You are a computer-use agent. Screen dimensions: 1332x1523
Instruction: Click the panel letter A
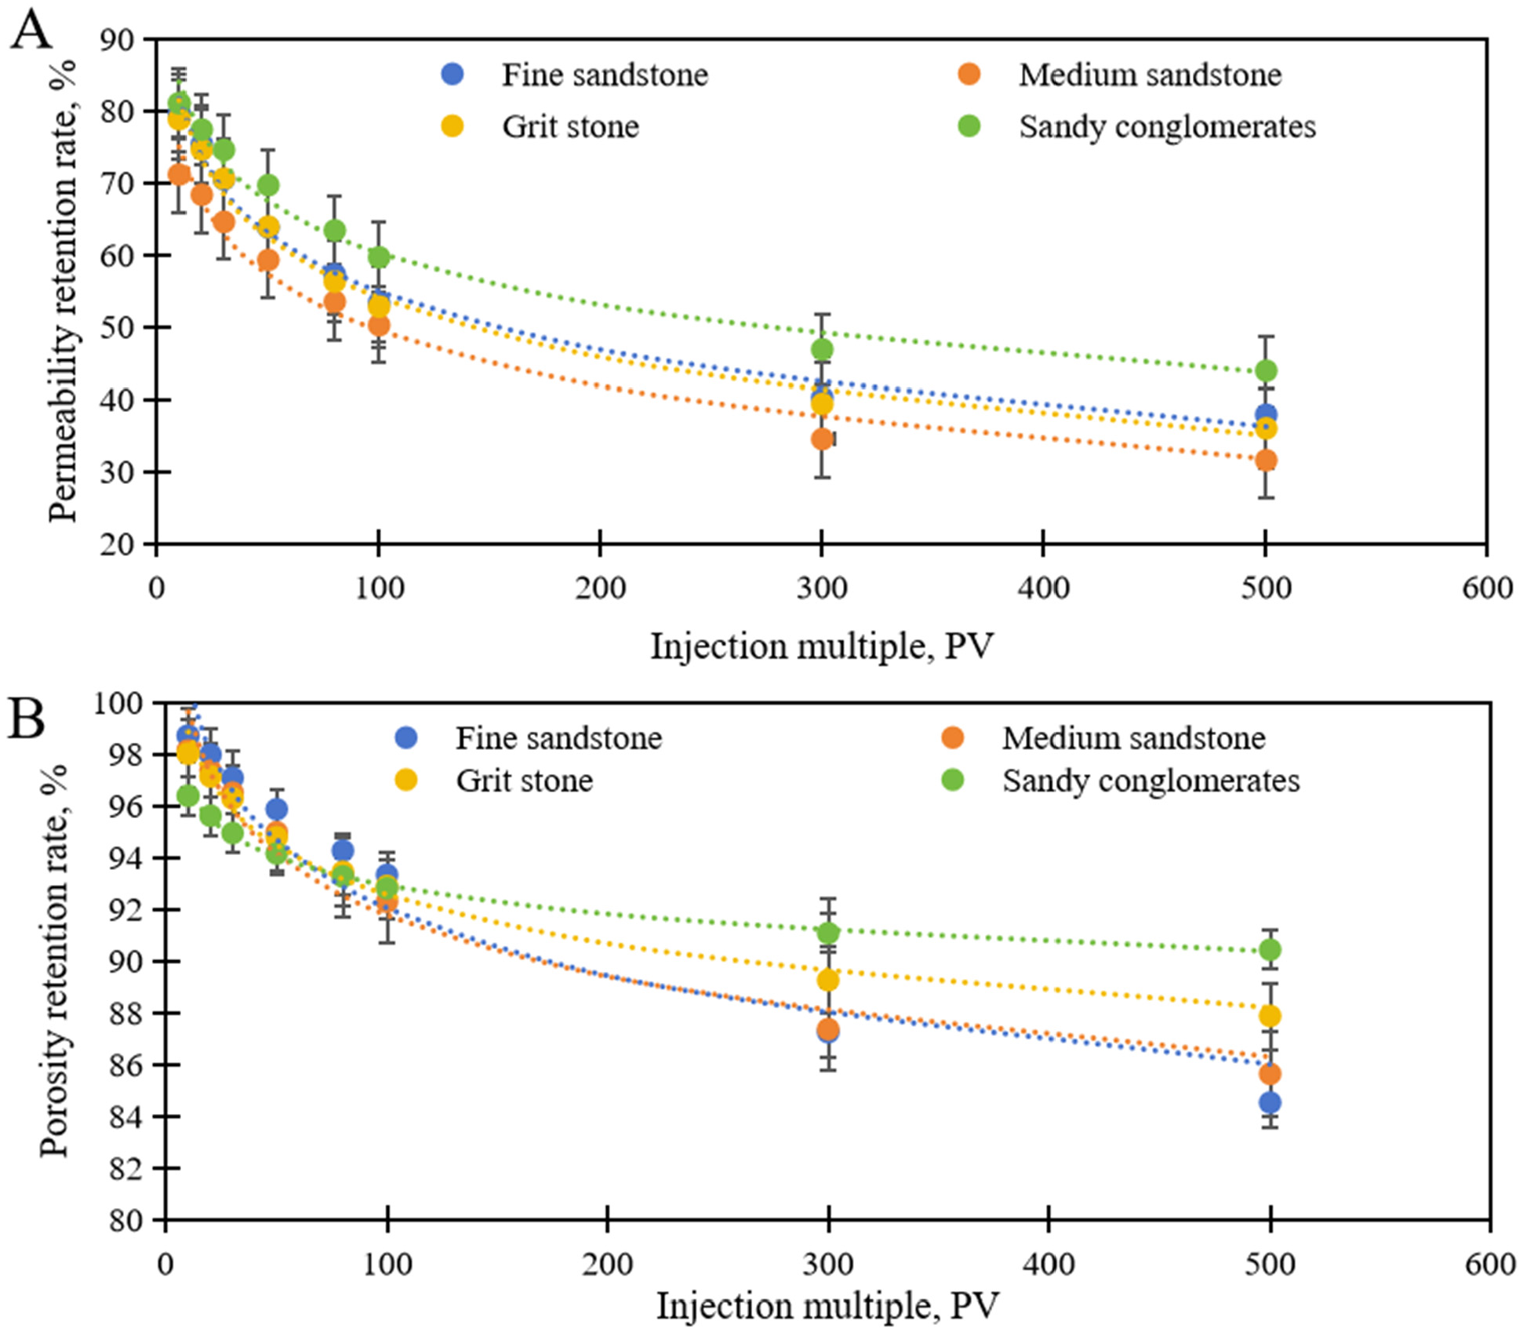31,33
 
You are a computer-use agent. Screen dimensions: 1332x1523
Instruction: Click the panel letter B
26,719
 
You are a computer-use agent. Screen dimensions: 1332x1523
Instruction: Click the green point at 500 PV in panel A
1265,370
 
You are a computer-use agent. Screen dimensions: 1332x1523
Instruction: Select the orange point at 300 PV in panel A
822,439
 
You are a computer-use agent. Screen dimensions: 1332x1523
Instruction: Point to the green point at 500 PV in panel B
1270,950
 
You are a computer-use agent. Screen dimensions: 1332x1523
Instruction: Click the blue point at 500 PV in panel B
1270,1102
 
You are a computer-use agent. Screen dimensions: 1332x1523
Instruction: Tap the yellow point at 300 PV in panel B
827,980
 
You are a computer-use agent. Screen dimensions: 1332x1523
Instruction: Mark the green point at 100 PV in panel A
379,257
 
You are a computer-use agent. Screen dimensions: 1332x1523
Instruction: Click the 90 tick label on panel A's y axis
116,39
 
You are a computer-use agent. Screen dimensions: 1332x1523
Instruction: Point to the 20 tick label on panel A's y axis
116,544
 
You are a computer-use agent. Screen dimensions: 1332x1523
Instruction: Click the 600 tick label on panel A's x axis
1486,588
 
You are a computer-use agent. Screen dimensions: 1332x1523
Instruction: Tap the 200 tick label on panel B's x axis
607,1265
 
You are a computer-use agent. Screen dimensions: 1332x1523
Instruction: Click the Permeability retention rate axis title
63,290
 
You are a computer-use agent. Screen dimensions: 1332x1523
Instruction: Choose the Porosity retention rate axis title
55,961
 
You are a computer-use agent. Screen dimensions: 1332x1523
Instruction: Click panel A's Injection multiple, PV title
821,647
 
